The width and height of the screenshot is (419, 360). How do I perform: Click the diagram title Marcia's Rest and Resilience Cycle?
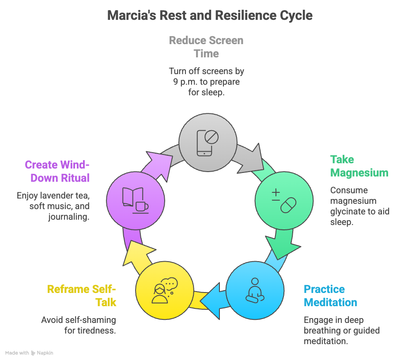(210, 15)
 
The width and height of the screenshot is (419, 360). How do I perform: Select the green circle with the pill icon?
(284, 201)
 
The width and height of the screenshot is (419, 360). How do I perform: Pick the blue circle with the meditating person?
(255, 291)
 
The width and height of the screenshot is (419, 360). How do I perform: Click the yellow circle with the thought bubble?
(165, 291)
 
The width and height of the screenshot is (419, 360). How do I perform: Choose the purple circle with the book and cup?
(136, 201)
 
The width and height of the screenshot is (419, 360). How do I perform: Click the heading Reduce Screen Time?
(206, 47)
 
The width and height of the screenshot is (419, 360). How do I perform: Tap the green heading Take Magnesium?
(359, 166)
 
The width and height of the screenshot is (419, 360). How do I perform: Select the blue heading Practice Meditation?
(330, 296)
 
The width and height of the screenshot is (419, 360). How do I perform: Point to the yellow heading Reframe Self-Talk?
(82, 296)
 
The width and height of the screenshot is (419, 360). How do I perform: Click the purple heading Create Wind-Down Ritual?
(57, 171)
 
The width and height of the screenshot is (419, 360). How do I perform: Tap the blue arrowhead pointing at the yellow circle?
(211, 300)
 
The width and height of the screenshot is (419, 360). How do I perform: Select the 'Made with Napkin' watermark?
(29, 353)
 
